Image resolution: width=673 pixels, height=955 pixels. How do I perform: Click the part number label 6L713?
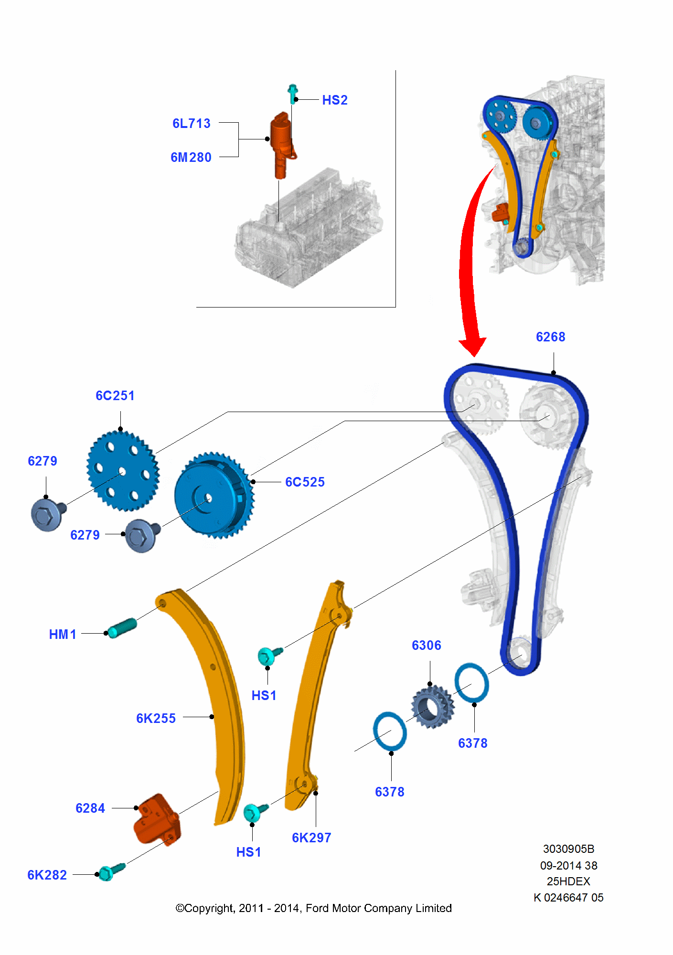coord(191,124)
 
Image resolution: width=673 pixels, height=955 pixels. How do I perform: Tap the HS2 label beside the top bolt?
coord(334,100)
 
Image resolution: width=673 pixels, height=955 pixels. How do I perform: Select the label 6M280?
coord(191,158)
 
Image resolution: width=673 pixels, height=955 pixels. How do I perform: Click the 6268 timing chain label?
coord(550,337)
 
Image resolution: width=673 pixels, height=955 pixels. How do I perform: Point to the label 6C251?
coord(115,396)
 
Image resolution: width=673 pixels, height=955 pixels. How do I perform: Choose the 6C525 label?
coord(305,482)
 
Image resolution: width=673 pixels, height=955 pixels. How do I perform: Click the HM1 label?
coord(63,635)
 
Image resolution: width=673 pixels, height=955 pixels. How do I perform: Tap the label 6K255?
coord(156,719)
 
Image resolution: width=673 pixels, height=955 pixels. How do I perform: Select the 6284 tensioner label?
coord(90,808)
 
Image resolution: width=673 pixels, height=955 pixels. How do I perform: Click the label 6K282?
coord(47,875)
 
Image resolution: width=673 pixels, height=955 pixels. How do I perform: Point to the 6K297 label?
coord(311,838)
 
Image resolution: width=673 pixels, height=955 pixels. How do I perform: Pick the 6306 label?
coord(426,646)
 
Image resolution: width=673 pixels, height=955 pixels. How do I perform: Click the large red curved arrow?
coord(470,267)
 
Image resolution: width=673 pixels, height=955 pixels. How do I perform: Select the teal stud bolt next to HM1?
coord(122,628)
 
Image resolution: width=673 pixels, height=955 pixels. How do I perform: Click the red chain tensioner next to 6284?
coord(157,819)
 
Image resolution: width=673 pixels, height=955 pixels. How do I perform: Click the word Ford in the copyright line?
coord(318,908)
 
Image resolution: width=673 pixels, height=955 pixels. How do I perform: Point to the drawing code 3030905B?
coord(568,849)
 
